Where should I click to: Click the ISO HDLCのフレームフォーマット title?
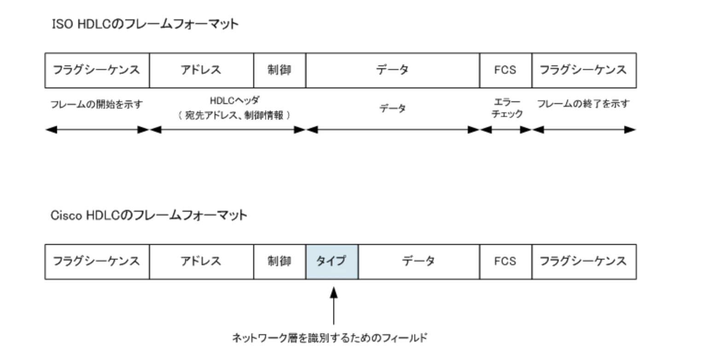145,24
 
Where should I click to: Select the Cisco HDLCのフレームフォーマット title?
149,215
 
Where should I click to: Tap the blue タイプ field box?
332,261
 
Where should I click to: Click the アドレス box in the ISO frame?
201,70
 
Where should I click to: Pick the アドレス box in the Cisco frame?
201,261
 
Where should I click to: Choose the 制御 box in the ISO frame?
279,70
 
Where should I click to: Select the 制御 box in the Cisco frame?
279,261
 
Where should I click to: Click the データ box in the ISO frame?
393,70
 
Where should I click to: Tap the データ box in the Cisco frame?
419,261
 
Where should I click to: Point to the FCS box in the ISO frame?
505,70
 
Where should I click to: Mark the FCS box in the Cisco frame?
505,261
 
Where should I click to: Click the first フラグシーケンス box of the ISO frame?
97,70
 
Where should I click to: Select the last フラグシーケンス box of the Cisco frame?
584,261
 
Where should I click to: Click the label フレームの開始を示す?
97,105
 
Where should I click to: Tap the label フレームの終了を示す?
583,104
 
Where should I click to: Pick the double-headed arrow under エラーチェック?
506,130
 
